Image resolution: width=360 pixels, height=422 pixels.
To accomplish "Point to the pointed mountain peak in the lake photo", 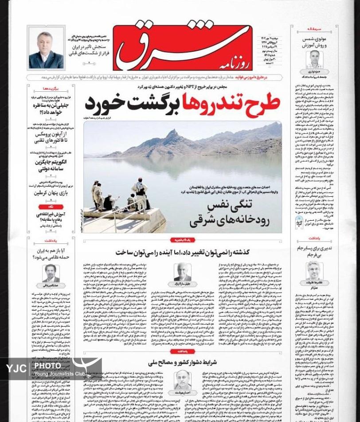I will click(x=172, y=134).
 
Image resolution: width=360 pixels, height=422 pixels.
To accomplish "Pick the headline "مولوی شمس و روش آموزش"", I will click(x=315, y=42).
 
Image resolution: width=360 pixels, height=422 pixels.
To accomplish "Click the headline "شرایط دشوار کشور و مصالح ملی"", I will click(x=182, y=362).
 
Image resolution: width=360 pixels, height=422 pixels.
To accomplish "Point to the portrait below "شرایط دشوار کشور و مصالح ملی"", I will click(x=182, y=379).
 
